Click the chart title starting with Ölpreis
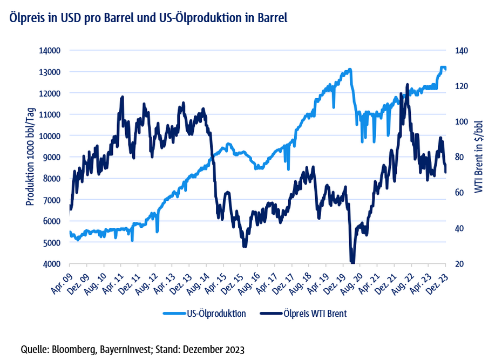[x=147, y=17]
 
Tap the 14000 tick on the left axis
[x=50, y=51]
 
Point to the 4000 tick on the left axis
[x=51, y=264]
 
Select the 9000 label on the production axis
[x=51, y=157]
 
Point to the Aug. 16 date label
[x=250, y=280]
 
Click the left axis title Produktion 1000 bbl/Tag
[x=31, y=157]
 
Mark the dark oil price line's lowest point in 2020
[x=353, y=262]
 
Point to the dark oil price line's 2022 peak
[x=407, y=85]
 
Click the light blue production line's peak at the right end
[x=443, y=67]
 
